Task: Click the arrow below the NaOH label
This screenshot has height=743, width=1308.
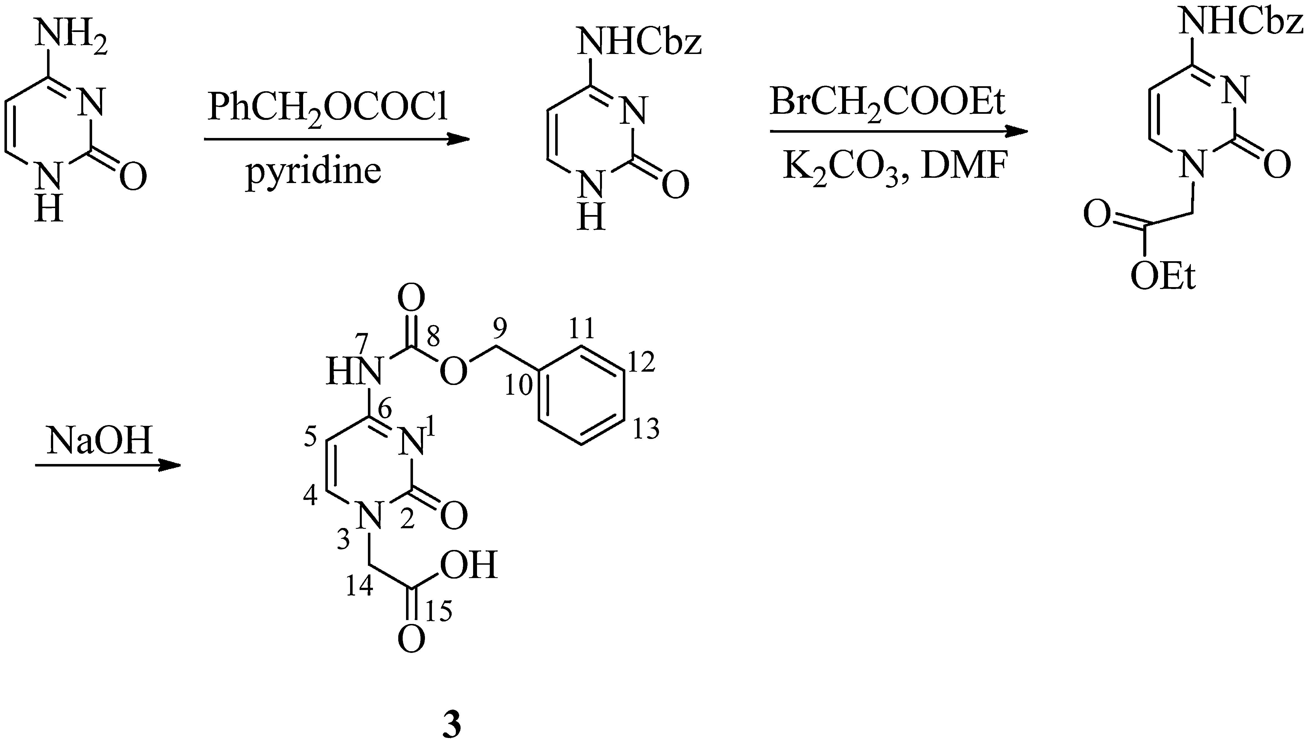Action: [107, 465]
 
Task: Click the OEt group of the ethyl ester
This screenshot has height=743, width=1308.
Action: [1163, 277]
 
